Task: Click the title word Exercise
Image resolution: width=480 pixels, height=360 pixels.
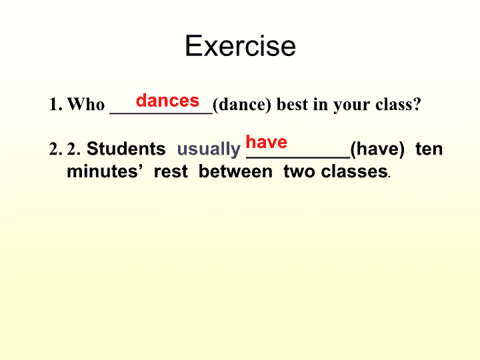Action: [240, 46]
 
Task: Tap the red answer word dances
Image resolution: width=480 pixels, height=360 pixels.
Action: [167, 100]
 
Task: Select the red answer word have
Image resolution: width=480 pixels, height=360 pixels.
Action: [266, 142]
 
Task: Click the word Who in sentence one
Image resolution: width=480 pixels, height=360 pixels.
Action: [86, 104]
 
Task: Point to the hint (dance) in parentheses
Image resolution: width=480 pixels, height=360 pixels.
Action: [242, 105]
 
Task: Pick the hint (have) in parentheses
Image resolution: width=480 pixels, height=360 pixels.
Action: [377, 149]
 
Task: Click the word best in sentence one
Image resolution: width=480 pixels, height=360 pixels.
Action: [292, 104]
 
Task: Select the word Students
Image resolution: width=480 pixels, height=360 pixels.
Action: [126, 149]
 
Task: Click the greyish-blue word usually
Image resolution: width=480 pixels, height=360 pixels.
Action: [209, 150]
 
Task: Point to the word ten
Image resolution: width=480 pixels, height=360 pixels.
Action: [429, 149]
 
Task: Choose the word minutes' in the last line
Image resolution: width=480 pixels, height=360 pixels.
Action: [105, 171]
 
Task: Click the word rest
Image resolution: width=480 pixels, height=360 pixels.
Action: [171, 171]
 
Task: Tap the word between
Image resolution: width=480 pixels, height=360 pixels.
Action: [235, 171]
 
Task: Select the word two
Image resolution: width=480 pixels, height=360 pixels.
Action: [299, 171]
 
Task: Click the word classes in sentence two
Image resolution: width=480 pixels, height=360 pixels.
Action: [354, 171]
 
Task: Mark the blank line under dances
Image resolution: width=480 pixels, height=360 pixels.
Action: [161, 114]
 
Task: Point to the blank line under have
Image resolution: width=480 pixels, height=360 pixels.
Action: [298, 157]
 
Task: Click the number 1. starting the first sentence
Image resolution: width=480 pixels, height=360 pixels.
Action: [56, 105]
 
